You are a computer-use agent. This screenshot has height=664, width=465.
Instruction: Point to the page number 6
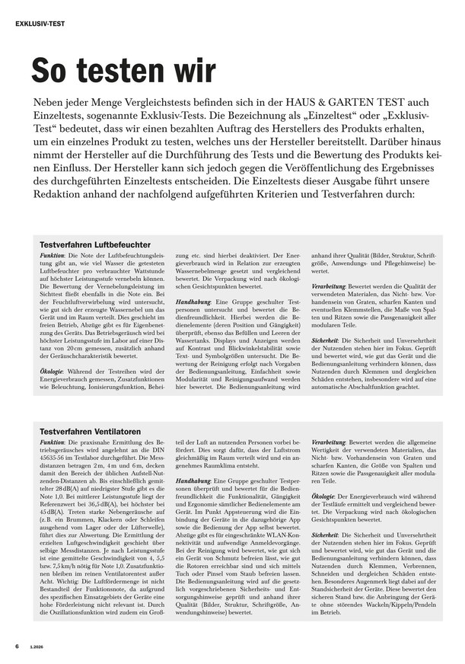pyautogui.click(x=17, y=646)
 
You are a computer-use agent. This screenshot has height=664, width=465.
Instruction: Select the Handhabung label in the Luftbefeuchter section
pyautogui.click(x=193, y=302)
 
